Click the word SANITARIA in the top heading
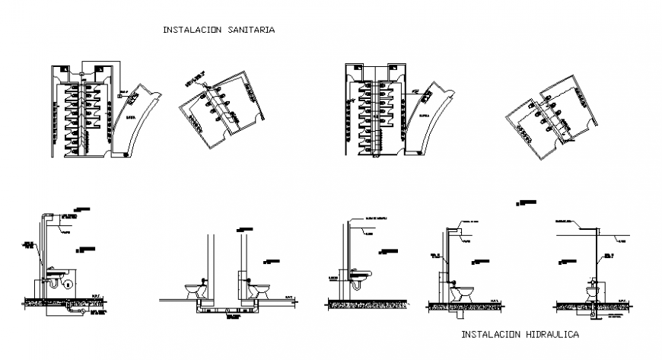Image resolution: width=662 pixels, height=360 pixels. (250, 30)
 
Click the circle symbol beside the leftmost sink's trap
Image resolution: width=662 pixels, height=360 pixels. (68, 284)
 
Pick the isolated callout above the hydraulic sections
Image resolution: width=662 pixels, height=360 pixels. (525, 202)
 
